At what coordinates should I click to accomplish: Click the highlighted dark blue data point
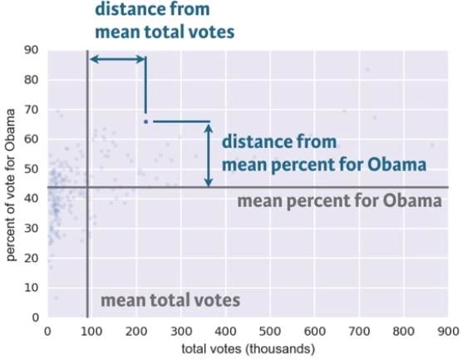[145, 121]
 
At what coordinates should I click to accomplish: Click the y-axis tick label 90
[32, 50]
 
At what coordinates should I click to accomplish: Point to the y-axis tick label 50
[32, 169]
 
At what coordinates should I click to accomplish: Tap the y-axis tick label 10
[32, 288]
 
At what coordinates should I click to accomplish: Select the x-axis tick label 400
[225, 332]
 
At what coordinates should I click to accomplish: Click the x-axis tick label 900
[448, 332]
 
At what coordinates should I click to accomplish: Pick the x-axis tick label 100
[91, 332]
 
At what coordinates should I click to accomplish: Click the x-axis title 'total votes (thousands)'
[248, 349]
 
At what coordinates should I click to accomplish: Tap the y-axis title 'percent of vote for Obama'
[11, 185]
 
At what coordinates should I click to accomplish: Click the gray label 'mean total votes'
[170, 300]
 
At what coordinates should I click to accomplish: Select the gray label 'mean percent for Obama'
[340, 201]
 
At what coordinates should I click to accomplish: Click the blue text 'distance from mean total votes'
[165, 21]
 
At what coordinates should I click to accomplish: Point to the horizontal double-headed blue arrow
[118, 59]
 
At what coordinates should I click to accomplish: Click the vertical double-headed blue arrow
[209, 155]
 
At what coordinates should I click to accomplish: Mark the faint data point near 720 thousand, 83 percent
[367, 70]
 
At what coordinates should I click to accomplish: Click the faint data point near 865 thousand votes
[432, 145]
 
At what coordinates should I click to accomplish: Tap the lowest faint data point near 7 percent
[56, 298]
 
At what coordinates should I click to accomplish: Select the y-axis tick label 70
[32, 110]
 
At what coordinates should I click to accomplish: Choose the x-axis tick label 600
[314, 332]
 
